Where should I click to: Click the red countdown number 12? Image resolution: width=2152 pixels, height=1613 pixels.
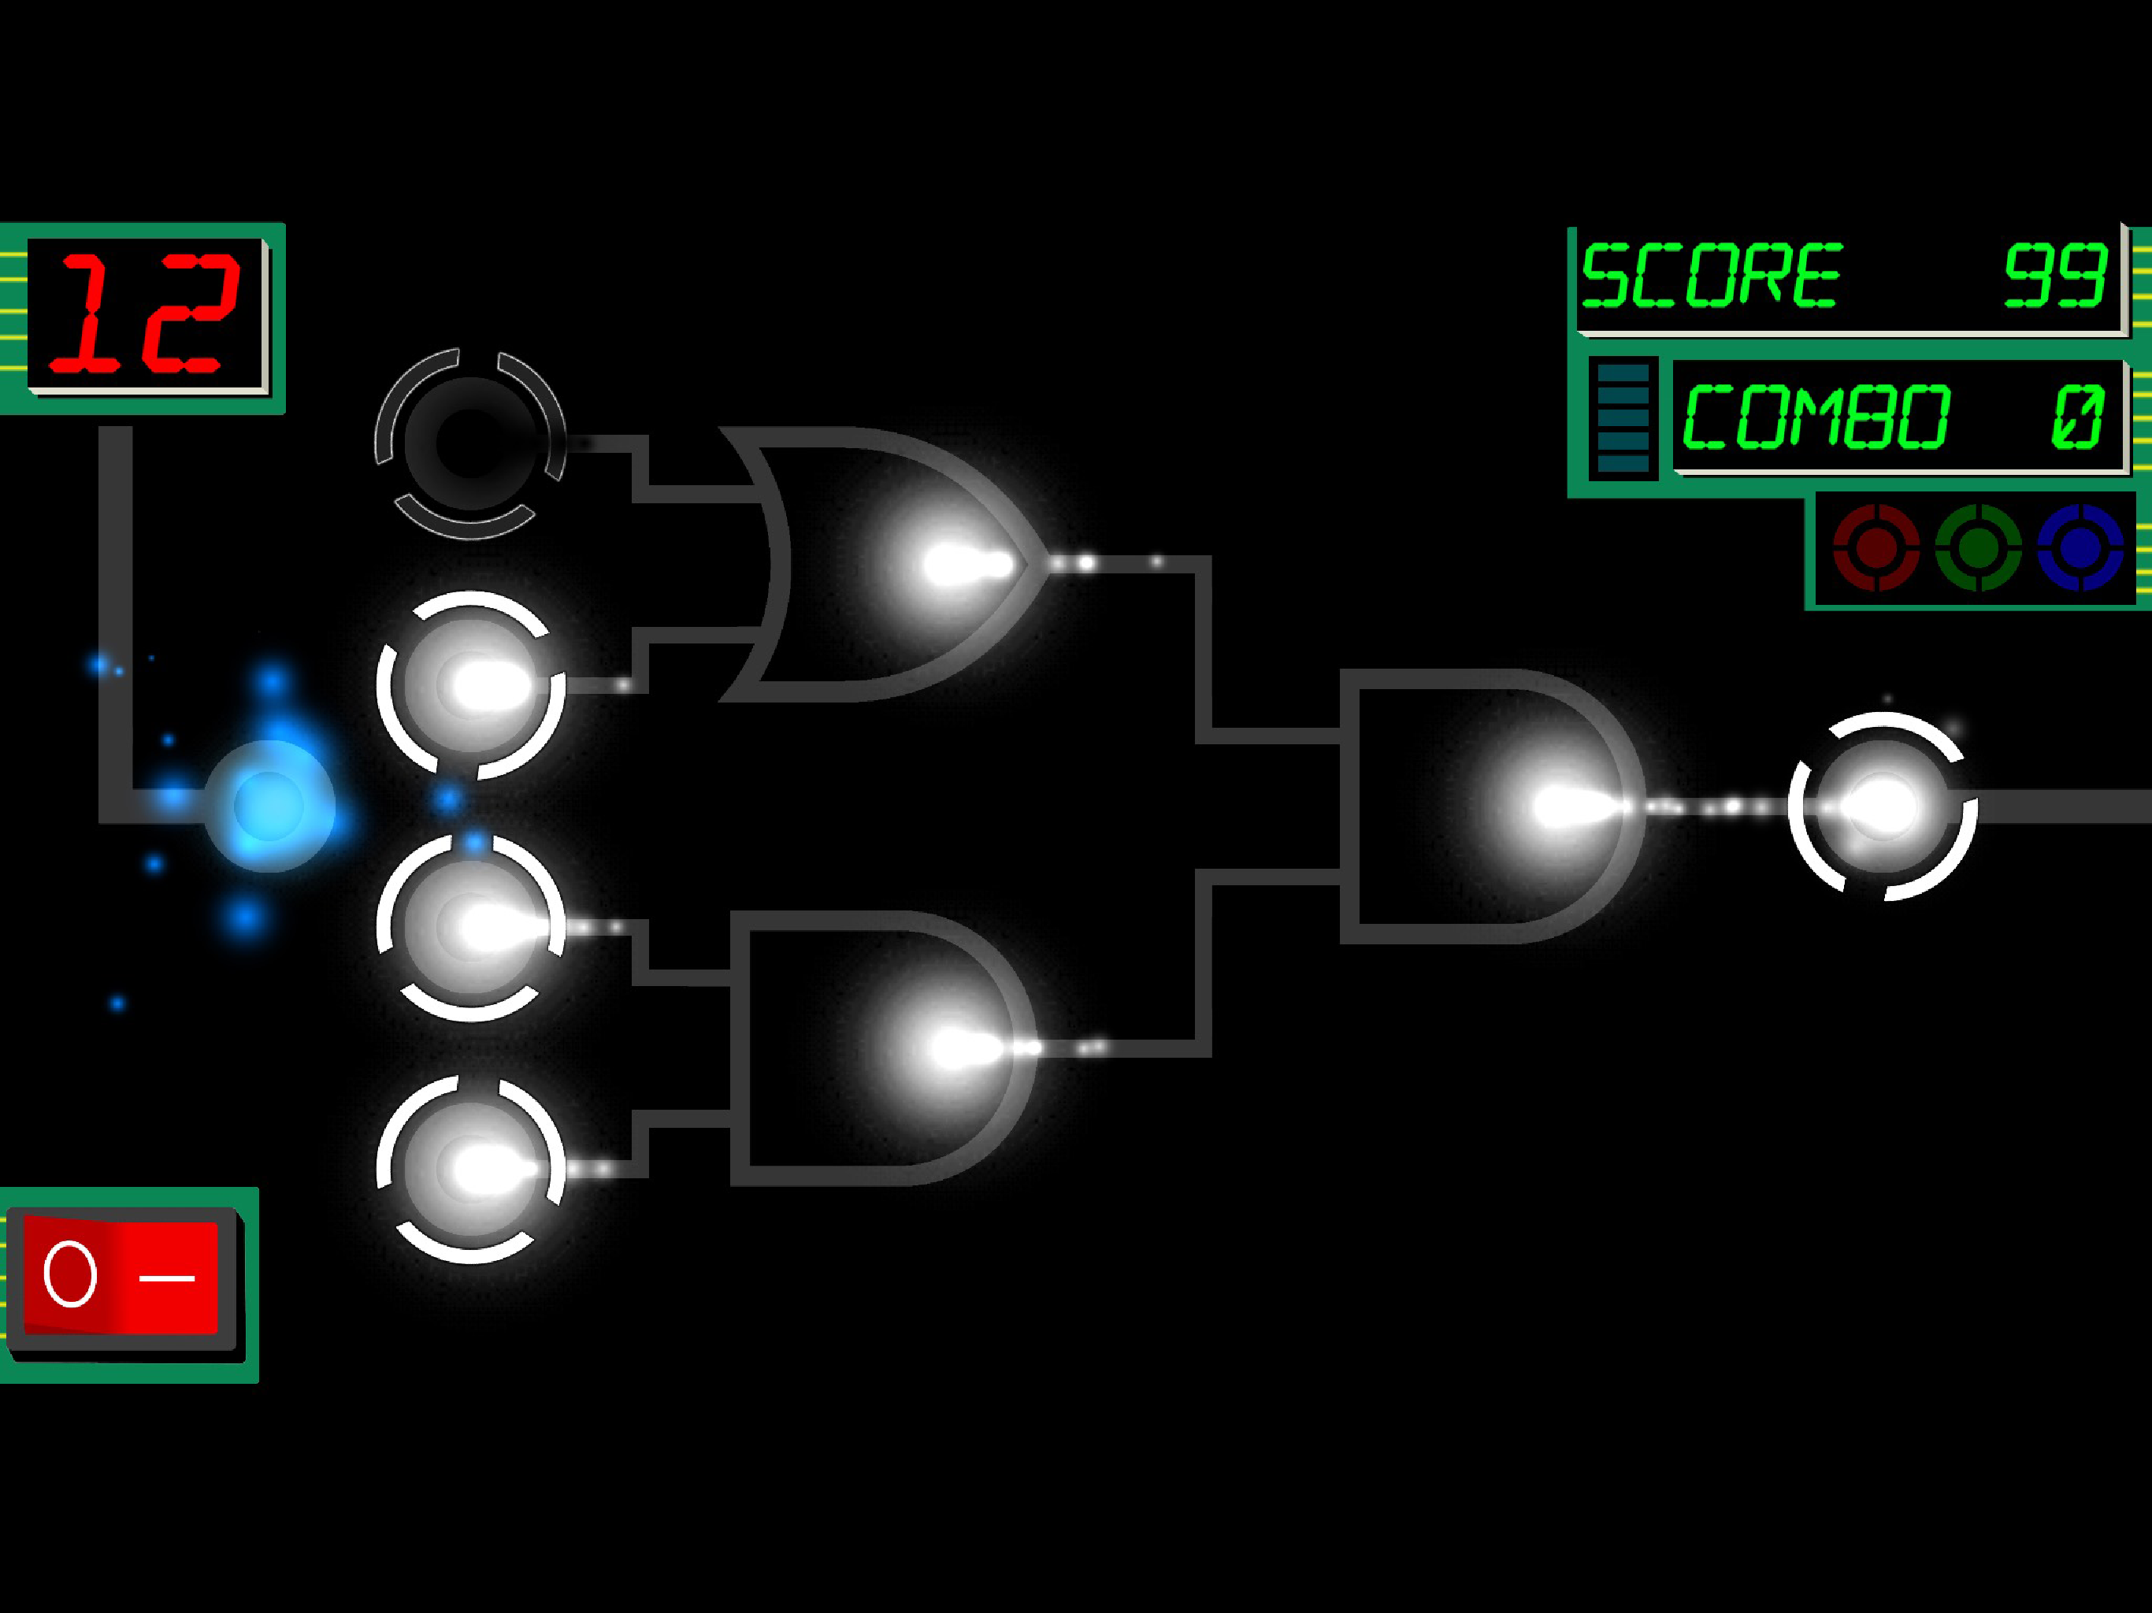(144, 313)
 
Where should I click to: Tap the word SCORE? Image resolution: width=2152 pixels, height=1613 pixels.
(1712, 276)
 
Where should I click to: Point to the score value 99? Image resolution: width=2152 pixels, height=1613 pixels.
(2054, 276)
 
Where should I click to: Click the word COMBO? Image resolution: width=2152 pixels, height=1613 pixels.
(1816, 417)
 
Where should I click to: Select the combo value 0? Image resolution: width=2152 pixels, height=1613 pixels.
(2077, 417)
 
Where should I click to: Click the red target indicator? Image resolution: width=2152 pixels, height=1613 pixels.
(1876, 547)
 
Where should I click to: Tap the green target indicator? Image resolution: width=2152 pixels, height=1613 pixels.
(1978, 547)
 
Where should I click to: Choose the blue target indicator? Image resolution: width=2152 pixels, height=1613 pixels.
(2080, 547)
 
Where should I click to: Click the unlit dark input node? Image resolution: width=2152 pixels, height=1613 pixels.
(471, 443)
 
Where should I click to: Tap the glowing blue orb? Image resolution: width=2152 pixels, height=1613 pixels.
(269, 806)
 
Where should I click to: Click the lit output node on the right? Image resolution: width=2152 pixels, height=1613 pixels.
(1883, 806)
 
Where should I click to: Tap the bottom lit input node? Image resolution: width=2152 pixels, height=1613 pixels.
(471, 1169)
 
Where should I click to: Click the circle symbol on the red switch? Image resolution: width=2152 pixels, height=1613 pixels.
(71, 1274)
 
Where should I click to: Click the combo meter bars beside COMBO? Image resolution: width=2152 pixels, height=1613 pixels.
(1623, 418)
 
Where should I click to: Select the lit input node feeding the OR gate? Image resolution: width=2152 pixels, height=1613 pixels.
(471, 686)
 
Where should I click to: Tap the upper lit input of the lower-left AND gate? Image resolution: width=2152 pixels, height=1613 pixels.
(471, 927)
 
